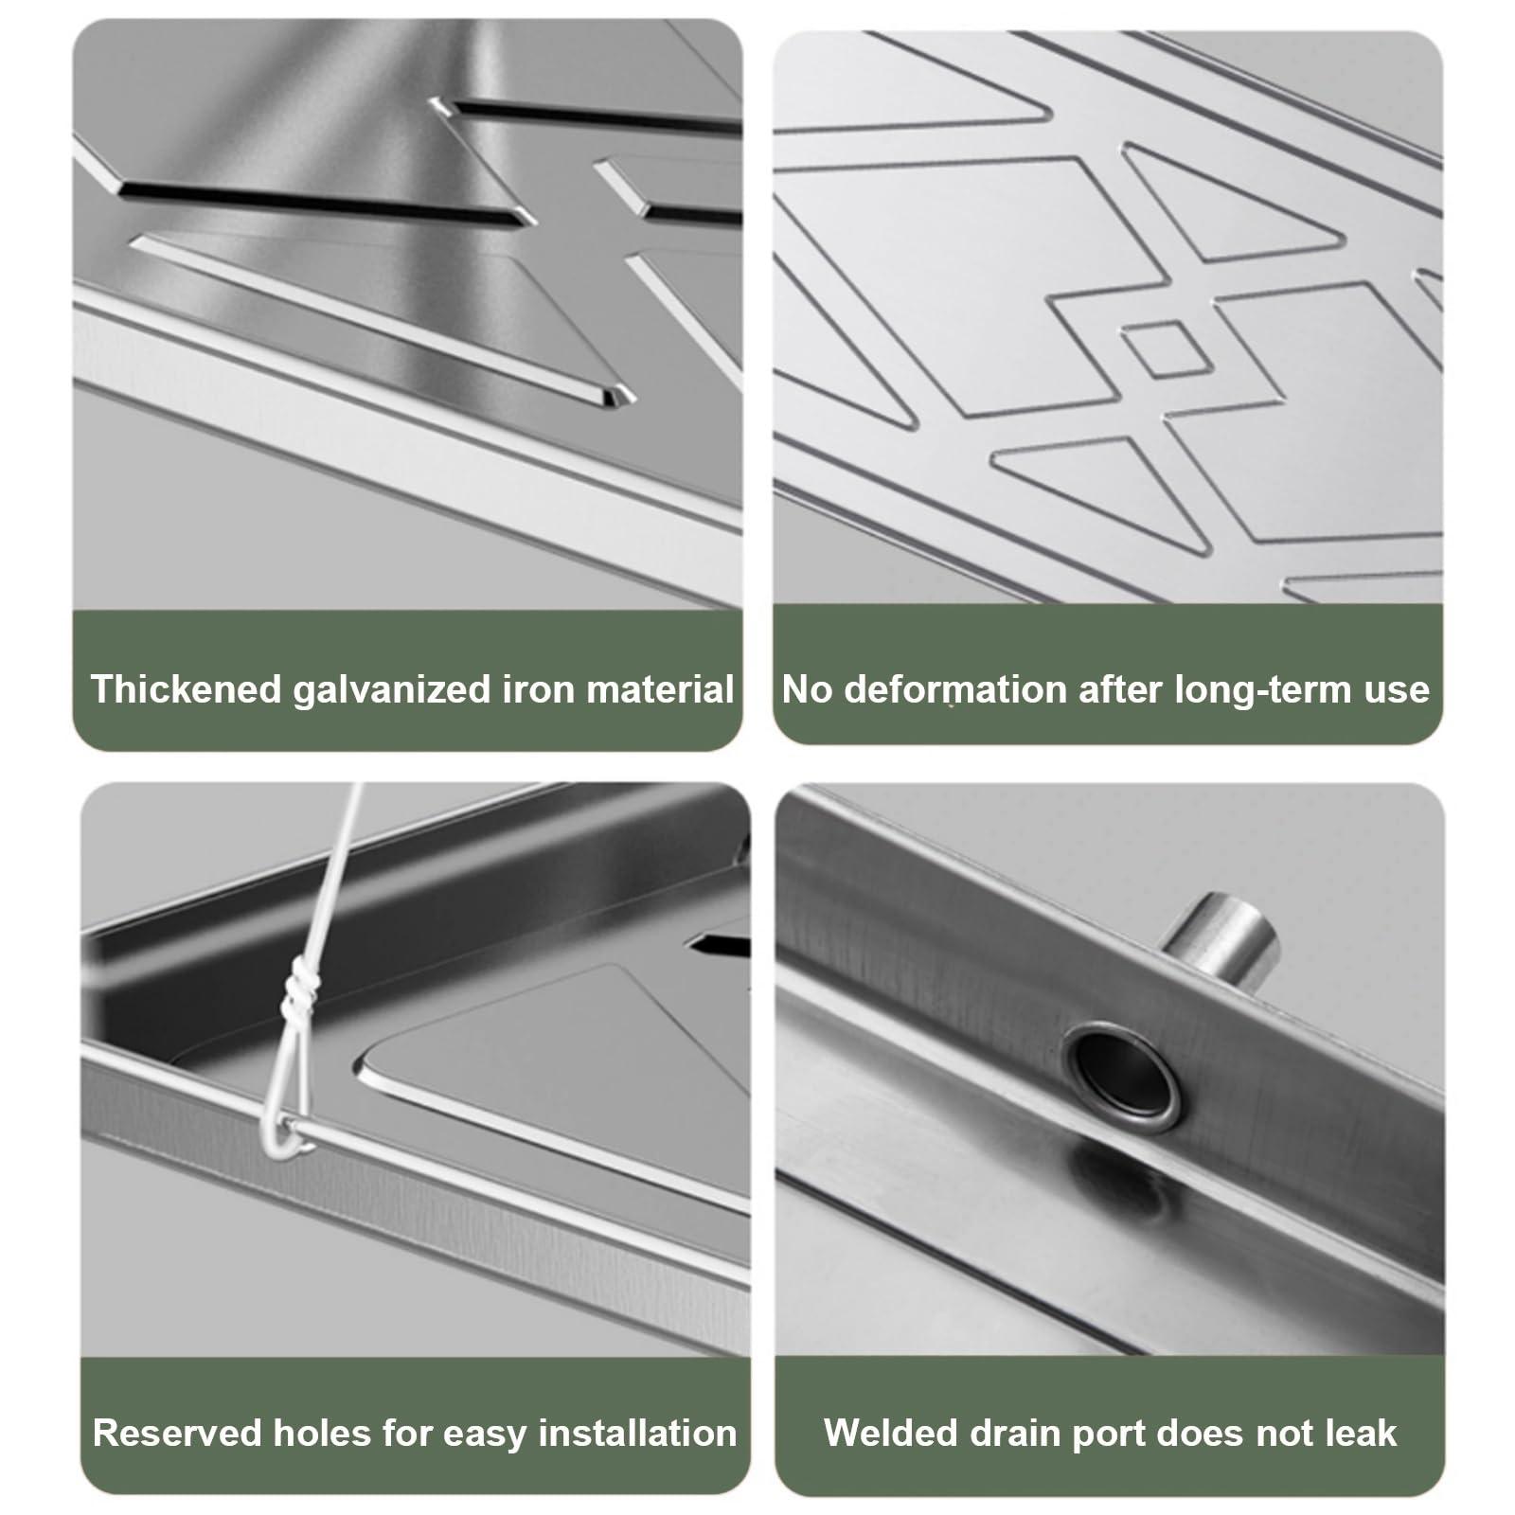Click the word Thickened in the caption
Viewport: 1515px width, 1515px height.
coord(186,688)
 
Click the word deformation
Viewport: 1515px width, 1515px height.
coord(954,689)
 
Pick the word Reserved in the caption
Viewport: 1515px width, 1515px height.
coord(177,1433)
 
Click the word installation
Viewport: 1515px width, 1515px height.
coord(637,1433)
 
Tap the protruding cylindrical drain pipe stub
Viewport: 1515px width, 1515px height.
coord(1221,940)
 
